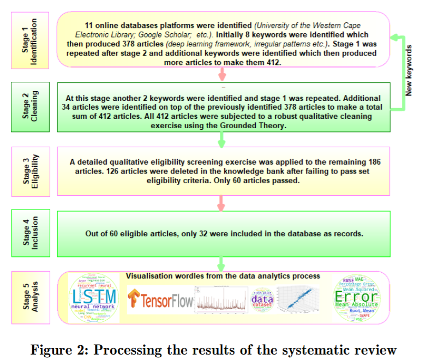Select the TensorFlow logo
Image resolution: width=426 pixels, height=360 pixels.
(160, 301)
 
